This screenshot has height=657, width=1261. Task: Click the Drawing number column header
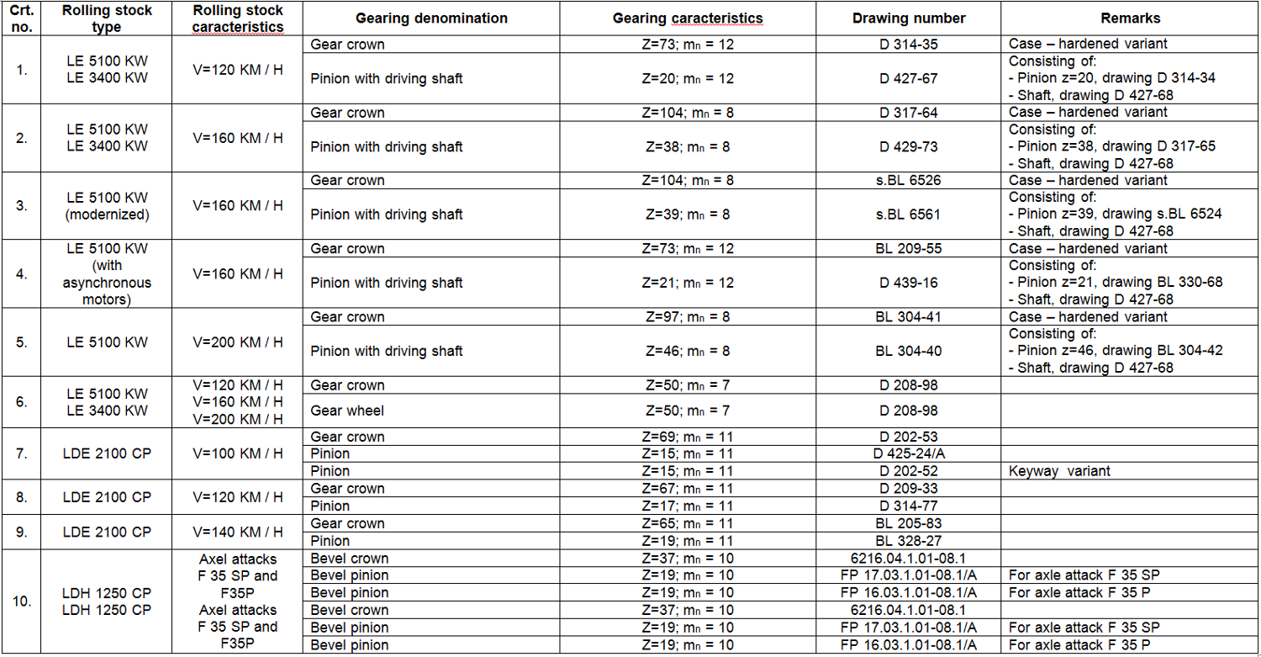coord(908,18)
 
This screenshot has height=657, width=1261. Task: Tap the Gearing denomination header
coord(431,18)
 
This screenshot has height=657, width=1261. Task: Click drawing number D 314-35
coord(908,44)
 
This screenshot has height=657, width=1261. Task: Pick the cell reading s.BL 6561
coord(908,215)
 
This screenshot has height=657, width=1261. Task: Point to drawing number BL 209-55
coord(908,249)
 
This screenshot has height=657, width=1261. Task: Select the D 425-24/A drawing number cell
coord(908,454)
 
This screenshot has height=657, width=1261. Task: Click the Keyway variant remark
coord(1059,471)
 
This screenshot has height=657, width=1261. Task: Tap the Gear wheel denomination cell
coord(347,411)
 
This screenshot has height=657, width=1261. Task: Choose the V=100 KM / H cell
coord(238,453)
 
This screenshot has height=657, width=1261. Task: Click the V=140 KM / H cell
coord(238,532)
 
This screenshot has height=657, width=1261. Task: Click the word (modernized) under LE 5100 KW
coord(107,215)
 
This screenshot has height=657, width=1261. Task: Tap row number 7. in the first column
coord(23,453)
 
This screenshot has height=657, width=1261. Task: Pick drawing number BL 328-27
coord(908,541)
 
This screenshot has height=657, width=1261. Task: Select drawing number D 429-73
coord(908,146)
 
